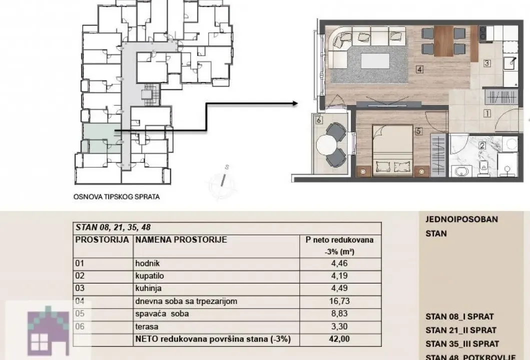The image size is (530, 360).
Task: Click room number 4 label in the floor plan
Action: coord(419,70)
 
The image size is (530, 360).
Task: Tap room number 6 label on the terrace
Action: coord(318,120)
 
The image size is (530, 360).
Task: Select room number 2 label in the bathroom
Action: coord(482,146)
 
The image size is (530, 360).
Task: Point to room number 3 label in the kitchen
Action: coord(486,63)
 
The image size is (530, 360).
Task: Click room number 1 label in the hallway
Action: coord(486,113)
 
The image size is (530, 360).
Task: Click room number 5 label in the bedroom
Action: coord(419,132)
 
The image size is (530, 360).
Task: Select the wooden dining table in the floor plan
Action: coord(443,41)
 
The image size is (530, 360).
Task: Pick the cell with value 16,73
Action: coord(340,301)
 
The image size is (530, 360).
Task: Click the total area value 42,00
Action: coord(340,339)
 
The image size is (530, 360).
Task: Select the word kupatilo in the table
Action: coord(150,275)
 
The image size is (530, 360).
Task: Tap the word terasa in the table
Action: coord(146,326)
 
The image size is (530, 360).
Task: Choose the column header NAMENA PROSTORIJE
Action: coord(181,239)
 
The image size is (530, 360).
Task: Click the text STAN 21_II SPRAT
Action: coord(461,330)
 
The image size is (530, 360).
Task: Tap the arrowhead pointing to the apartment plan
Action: coord(294,104)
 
